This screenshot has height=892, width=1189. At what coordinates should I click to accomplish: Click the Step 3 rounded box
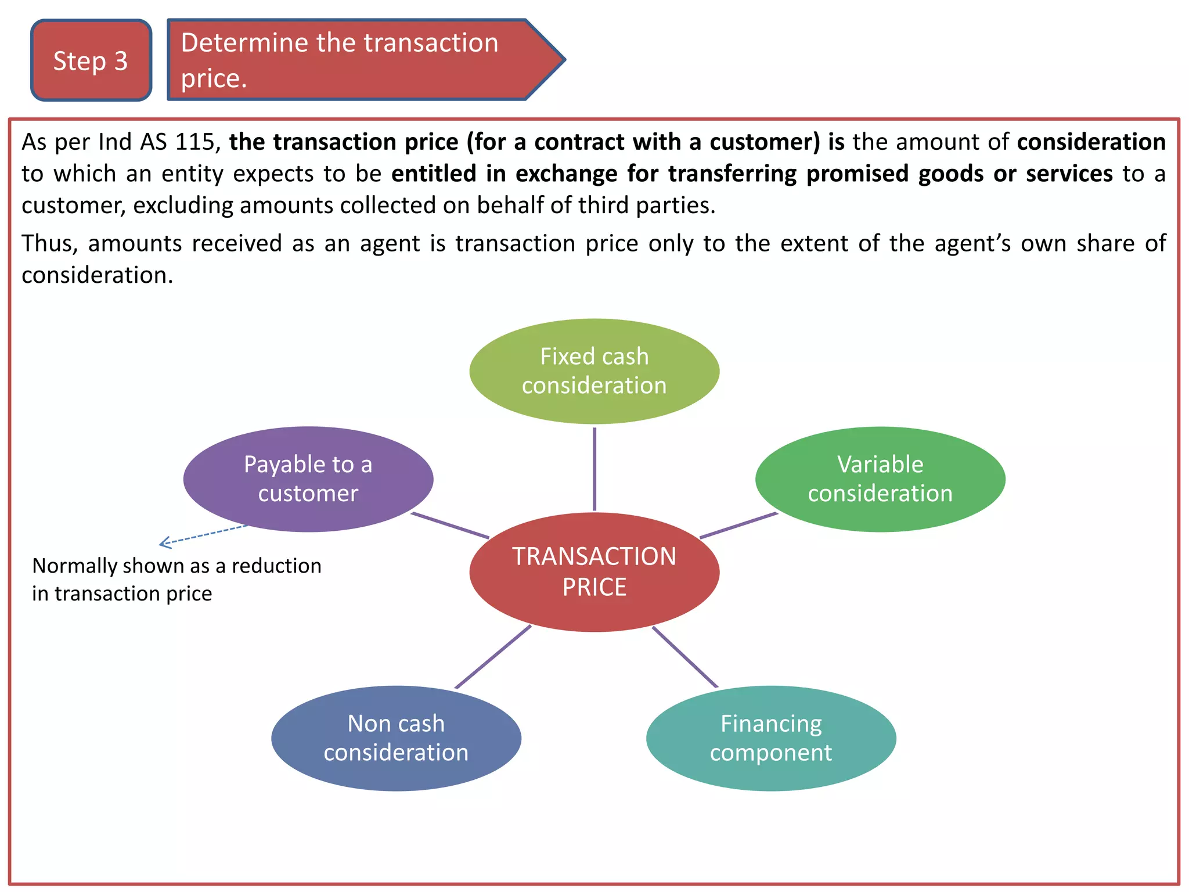coord(91,60)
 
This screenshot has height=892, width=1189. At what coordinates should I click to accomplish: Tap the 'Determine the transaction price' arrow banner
coord(348,60)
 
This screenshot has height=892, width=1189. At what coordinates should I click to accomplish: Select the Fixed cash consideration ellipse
coord(594,371)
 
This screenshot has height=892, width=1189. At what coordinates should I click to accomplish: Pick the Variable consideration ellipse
coord(880,479)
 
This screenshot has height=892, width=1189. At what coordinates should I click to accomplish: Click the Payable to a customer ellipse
coord(308,479)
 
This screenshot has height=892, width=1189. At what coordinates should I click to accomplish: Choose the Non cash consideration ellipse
coord(396,738)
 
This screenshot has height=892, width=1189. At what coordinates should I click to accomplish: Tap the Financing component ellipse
coord(770,738)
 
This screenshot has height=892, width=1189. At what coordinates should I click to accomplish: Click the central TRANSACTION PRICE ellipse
coord(594,572)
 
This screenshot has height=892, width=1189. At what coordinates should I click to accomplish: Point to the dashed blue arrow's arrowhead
coord(163,544)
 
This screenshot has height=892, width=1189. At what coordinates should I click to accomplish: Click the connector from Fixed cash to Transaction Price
coord(594,469)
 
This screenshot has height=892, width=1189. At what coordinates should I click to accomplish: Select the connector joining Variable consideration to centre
coord(738,526)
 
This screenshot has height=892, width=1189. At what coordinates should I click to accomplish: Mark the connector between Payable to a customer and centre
coord(450,525)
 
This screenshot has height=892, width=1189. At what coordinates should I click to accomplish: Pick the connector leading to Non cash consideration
coord(492,657)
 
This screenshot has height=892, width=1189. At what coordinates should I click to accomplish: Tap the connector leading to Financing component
coord(685,657)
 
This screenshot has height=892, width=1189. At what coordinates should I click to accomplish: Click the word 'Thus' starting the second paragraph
coord(49,243)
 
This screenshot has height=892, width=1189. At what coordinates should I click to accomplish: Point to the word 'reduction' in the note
coord(276,566)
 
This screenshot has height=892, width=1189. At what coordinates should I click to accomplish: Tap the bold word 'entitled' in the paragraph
coord(434,174)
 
